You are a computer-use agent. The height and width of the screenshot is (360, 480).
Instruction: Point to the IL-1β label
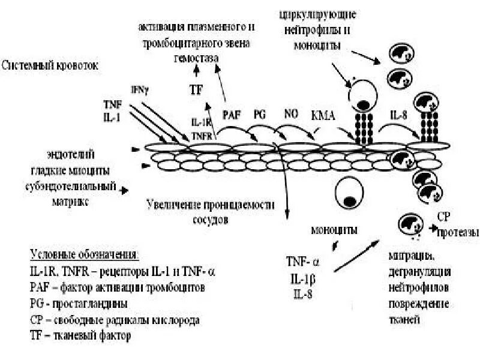point(302,278)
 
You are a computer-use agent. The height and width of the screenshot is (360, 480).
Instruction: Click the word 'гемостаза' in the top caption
point(196,59)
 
